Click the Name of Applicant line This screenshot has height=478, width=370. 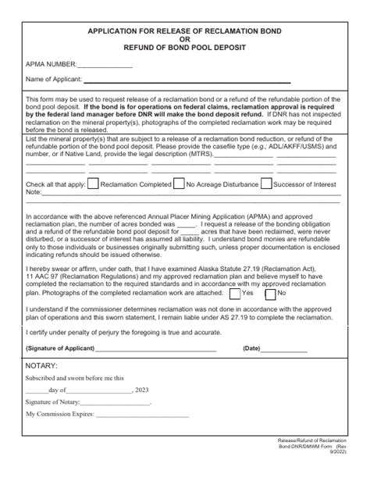(187, 80)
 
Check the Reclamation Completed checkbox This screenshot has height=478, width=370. (93, 184)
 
